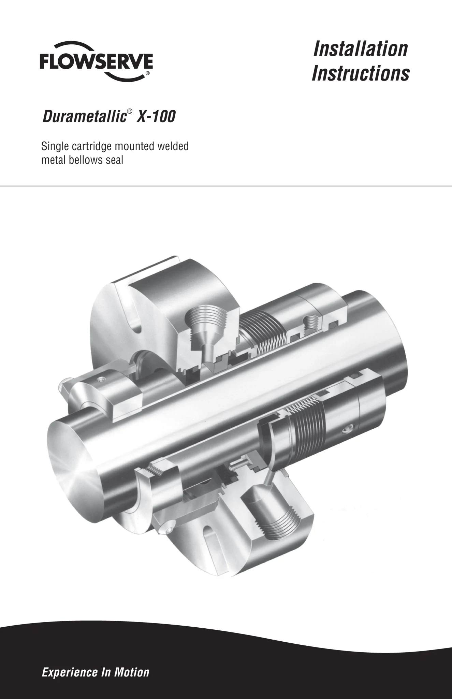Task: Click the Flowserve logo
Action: [x=96, y=62]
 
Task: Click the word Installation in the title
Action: [x=360, y=48]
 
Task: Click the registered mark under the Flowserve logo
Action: [x=147, y=73]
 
